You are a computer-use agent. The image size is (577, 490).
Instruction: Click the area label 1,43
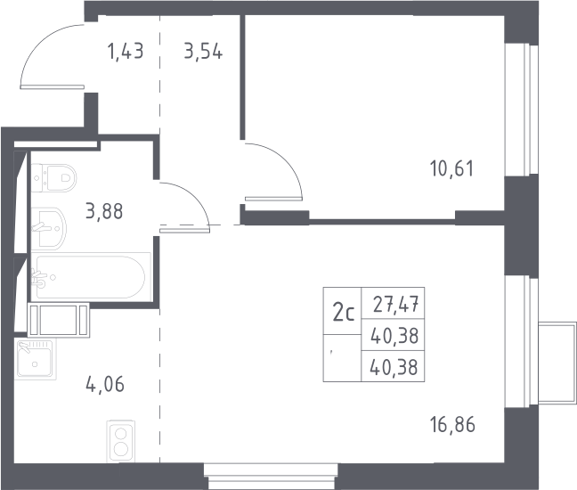126,51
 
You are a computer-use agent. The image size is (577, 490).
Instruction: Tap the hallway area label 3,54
203,51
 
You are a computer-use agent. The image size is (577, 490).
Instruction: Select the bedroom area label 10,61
452,168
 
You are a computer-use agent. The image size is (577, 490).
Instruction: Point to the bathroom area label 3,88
104,211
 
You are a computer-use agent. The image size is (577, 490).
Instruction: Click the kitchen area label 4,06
105,384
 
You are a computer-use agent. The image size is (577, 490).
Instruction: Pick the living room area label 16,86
452,424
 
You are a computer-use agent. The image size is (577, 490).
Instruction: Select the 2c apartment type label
344,314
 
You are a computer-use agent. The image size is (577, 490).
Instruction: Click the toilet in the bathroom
53,178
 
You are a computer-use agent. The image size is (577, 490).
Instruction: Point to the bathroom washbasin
49,229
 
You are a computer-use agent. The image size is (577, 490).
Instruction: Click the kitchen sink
36,359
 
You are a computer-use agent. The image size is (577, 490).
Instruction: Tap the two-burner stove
121,441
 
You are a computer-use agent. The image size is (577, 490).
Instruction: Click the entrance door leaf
53,87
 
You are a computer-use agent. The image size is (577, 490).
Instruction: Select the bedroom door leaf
273,199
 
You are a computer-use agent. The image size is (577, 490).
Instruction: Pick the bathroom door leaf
184,230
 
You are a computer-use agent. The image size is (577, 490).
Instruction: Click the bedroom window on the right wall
522,110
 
